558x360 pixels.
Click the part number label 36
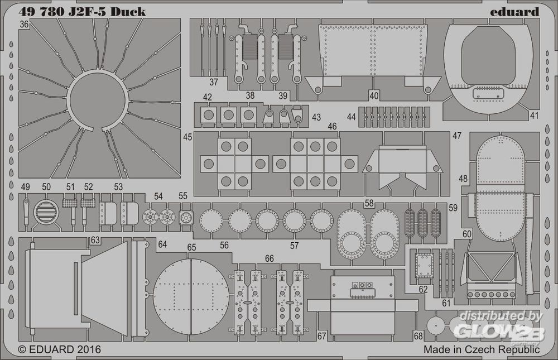pos(24,25)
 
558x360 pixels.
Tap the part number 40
pos(374,95)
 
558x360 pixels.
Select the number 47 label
pos(457,136)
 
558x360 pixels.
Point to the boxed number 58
pos(369,204)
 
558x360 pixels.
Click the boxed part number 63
pos(95,241)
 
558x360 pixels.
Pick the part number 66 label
pos(270,258)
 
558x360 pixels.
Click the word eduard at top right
pos(517,11)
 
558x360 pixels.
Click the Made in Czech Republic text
pos(482,349)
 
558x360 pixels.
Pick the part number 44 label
pos(351,117)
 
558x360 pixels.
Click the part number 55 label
pos(183,196)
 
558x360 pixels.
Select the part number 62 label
pos(423,289)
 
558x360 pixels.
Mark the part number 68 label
pos(418,336)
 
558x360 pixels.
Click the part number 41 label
pos(535,116)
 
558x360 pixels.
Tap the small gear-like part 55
pos(186,217)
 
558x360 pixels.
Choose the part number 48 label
pos(463,178)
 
